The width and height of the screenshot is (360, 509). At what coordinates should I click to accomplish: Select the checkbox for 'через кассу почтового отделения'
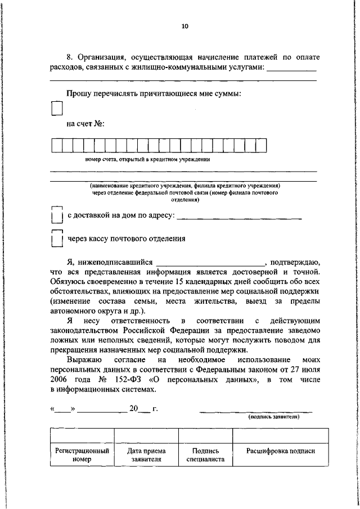(x=56, y=239)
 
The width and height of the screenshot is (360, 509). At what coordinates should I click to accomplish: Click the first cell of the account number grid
(x=56, y=146)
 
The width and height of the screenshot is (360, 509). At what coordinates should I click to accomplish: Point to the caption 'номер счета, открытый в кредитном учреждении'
(x=148, y=159)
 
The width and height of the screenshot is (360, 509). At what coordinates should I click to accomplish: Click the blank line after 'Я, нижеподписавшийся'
(x=210, y=262)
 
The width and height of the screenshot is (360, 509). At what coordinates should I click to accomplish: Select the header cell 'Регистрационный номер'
(x=82, y=455)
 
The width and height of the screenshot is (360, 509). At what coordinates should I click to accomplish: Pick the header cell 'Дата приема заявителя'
(x=146, y=455)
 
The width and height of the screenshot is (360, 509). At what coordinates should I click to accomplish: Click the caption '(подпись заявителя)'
(x=274, y=417)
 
